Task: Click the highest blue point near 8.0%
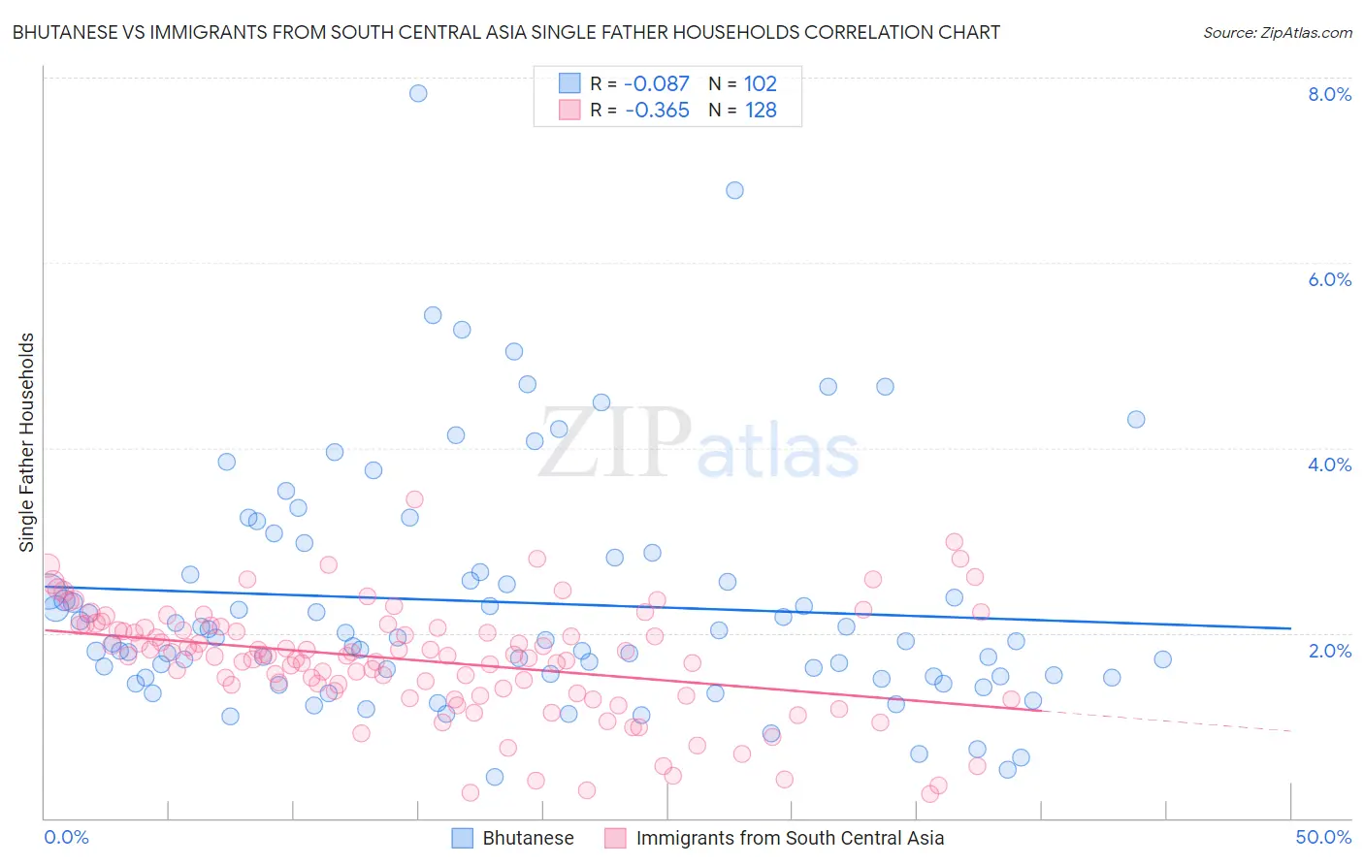pyautogui.click(x=418, y=93)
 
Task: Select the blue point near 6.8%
pyautogui.click(x=734, y=190)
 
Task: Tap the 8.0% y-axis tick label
pyautogui.click(x=1329, y=94)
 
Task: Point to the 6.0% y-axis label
pyautogui.click(x=1329, y=279)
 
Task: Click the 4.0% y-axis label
pyautogui.click(x=1329, y=465)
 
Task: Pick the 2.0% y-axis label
pyautogui.click(x=1329, y=651)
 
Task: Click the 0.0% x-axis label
pyautogui.click(x=66, y=837)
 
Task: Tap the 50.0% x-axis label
pyautogui.click(x=1323, y=837)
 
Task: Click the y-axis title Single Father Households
pyautogui.click(x=27, y=442)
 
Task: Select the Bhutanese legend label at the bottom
pyautogui.click(x=528, y=838)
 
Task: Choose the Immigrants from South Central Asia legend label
pyautogui.click(x=790, y=838)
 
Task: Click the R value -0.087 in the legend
pyautogui.click(x=657, y=84)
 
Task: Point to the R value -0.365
pyautogui.click(x=657, y=111)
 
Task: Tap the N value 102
pyautogui.click(x=761, y=84)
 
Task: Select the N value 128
pyautogui.click(x=761, y=111)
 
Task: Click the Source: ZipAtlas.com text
pyautogui.click(x=1277, y=33)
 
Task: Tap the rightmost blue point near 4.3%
pyautogui.click(x=1136, y=419)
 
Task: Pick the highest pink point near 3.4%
pyautogui.click(x=414, y=499)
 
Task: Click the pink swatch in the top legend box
pyautogui.click(x=569, y=111)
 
